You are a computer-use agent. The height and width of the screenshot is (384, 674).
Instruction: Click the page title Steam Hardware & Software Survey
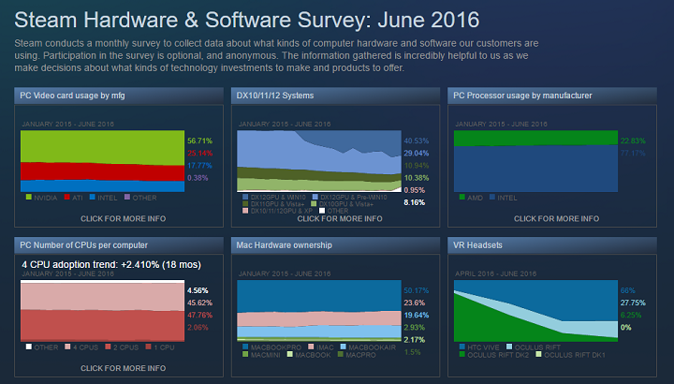pyautogui.click(x=247, y=20)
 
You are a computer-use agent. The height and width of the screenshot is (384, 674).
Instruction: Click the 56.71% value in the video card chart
pyautogui.click(x=199, y=140)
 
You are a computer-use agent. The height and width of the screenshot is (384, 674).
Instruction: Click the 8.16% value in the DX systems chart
pyautogui.click(x=415, y=202)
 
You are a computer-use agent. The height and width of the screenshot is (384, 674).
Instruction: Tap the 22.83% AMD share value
pyautogui.click(x=633, y=140)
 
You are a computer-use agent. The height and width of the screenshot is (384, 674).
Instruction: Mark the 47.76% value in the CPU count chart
pyautogui.click(x=198, y=316)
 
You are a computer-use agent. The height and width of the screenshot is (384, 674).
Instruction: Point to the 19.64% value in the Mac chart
pyautogui.click(x=415, y=316)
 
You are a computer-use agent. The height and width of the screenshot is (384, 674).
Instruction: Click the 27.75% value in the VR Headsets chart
pyautogui.click(x=633, y=303)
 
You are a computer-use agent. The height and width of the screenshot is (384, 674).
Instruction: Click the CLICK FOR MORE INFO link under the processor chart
pyautogui.click(x=557, y=218)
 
